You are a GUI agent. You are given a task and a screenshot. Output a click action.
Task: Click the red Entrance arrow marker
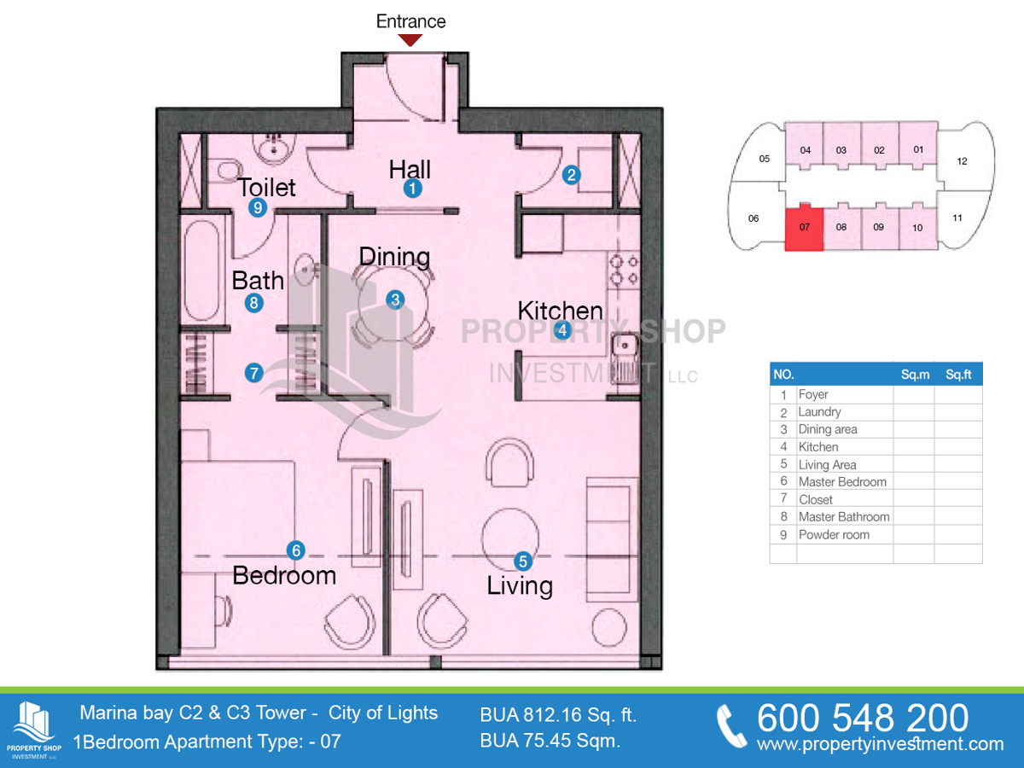(x=410, y=40)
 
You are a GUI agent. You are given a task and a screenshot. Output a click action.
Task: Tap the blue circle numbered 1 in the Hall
(x=412, y=189)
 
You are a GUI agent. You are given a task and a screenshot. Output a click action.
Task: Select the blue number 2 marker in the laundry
(x=572, y=175)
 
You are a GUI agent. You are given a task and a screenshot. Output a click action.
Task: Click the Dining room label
(x=395, y=257)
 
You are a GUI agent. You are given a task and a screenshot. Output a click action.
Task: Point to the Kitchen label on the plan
(x=561, y=310)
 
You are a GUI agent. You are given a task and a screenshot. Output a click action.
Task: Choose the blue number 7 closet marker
(x=253, y=373)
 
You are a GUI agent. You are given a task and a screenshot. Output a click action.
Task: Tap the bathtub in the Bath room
(x=201, y=271)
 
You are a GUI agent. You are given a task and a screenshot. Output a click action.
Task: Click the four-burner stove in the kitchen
(x=624, y=270)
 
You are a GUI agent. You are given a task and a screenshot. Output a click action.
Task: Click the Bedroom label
(x=284, y=575)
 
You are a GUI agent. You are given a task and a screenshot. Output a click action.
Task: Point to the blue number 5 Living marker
(x=523, y=561)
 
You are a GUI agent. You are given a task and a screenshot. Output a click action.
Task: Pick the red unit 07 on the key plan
(x=804, y=229)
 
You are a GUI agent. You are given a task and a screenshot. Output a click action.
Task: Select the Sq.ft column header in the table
(x=958, y=375)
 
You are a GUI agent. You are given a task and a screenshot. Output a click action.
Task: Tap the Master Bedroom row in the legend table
(x=842, y=481)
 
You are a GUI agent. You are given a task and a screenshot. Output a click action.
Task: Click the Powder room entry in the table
(x=834, y=535)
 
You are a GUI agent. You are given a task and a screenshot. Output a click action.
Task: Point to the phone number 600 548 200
(x=863, y=718)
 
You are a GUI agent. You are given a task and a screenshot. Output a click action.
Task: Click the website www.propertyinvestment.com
(x=881, y=744)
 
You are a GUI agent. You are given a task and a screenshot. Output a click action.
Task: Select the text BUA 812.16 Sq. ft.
(x=558, y=715)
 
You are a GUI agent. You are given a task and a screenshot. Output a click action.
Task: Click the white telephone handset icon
(x=731, y=726)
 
